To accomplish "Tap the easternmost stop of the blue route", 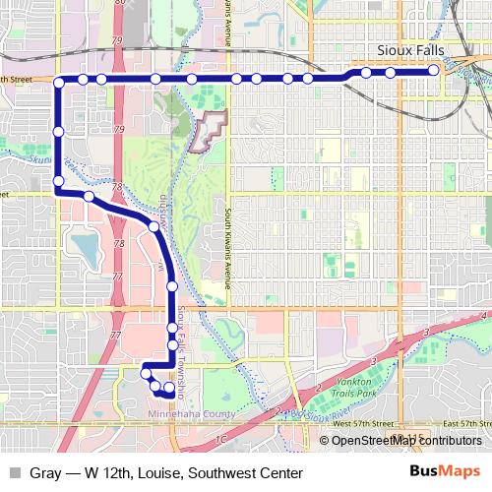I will [x=434, y=71].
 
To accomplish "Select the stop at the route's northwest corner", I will [x=59, y=81].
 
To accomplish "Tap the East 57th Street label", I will [x=461, y=422].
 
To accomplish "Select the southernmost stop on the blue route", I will [x=169, y=394].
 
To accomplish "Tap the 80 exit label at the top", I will [x=120, y=5].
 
